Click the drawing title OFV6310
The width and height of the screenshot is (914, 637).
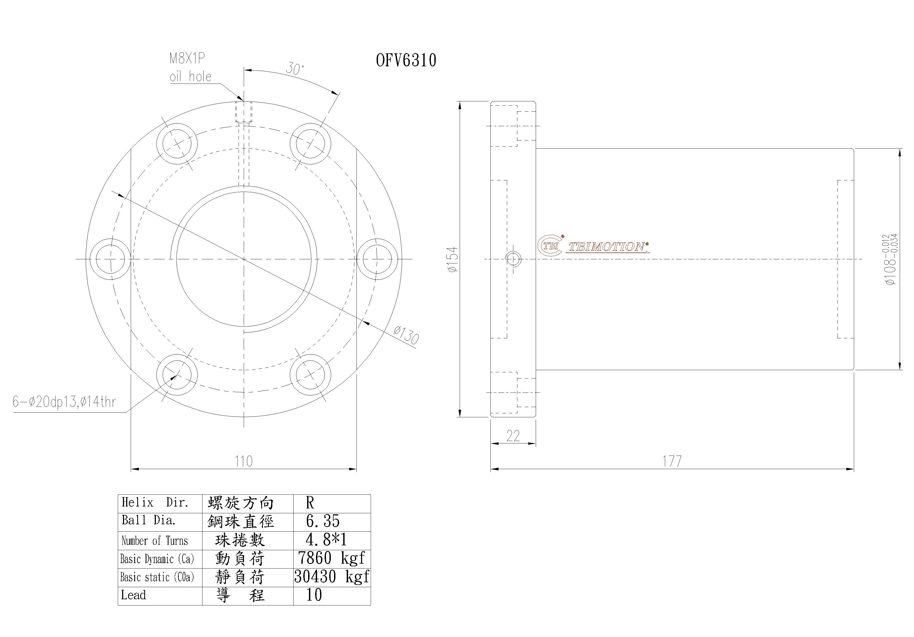point(406,60)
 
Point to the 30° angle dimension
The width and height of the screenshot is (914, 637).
point(295,69)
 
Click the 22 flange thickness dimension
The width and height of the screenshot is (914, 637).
point(513,436)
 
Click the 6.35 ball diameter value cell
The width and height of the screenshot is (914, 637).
point(323,521)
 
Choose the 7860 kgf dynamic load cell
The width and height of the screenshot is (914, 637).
point(331,558)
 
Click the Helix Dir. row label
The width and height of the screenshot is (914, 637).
point(154,503)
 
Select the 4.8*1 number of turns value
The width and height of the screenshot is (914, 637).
point(326,540)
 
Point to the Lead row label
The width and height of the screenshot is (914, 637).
point(133,595)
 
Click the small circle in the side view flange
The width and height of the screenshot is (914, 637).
point(513,259)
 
